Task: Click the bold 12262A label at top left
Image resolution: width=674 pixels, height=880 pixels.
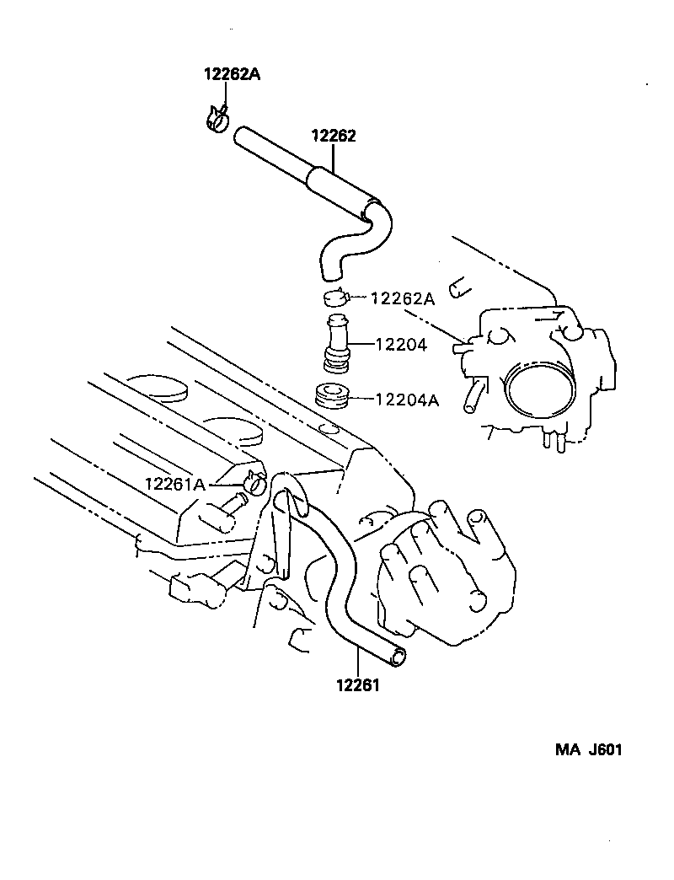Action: click(232, 74)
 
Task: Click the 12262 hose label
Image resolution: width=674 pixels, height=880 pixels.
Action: click(334, 136)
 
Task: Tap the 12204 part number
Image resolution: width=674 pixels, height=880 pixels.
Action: click(401, 345)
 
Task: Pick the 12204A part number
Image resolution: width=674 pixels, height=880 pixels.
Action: click(406, 401)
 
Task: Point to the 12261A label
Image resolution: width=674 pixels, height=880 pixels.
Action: click(175, 484)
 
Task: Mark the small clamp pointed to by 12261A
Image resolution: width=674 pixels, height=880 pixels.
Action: click(254, 483)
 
